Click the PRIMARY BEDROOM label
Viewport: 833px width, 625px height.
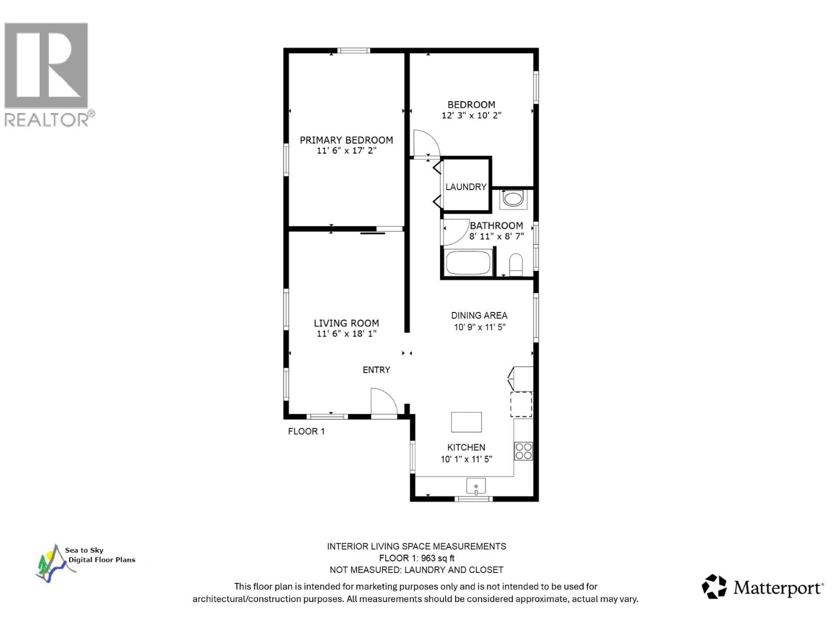[x=346, y=140]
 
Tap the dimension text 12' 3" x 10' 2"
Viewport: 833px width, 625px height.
[x=471, y=116]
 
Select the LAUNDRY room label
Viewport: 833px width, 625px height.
[x=465, y=186]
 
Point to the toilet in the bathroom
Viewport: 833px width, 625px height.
[x=516, y=264]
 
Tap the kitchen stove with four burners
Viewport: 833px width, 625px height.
[x=523, y=451]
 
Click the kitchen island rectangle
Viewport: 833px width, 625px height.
[x=466, y=422]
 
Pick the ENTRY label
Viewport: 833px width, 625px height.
[x=376, y=370]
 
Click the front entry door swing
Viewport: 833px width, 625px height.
[x=384, y=402]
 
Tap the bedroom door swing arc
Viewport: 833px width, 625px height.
[x=425, y=143]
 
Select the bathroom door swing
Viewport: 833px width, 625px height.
[x=454, y=232]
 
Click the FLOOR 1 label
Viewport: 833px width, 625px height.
[x=306, y=431]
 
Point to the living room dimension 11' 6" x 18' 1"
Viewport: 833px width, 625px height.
[x=346, y=334]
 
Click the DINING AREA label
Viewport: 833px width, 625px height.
[x=479, y=315]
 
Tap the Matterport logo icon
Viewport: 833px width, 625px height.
[x=714, y=586]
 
